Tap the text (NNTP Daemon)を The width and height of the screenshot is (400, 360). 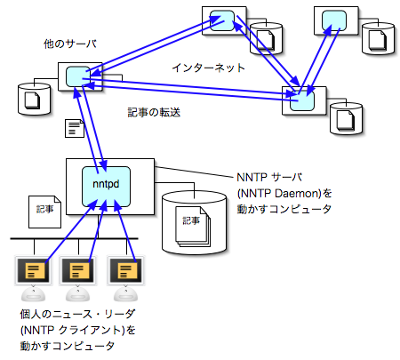[x=284, y=192]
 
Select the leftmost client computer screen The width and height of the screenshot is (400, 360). [x=35, y=269]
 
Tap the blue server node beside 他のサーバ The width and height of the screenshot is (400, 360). [x=76, y=77]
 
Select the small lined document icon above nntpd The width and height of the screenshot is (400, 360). [x=76, y=130]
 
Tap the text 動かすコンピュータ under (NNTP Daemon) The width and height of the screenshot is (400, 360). [x=284, y=208]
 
